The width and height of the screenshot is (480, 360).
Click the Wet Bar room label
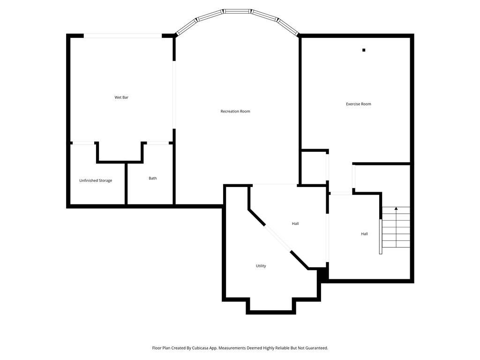121,97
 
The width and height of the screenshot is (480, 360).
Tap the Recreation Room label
235,112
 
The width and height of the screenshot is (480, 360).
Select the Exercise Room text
359,104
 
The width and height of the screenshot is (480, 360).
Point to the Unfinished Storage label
96,180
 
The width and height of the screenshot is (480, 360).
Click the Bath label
153,178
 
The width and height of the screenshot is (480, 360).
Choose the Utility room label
261,266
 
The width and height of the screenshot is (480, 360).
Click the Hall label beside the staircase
364,234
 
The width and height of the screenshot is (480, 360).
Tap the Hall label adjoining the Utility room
295,224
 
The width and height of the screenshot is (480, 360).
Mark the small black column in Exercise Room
364,50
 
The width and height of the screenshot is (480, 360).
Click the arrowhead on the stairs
396,209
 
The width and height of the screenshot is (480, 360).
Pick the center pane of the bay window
237,11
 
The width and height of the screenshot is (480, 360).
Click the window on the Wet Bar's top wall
123,36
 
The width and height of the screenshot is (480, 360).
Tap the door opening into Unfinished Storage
83,143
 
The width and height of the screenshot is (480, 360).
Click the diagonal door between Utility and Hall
278,239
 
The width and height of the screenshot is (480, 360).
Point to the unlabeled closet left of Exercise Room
313,167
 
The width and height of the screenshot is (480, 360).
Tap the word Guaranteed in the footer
316,348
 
